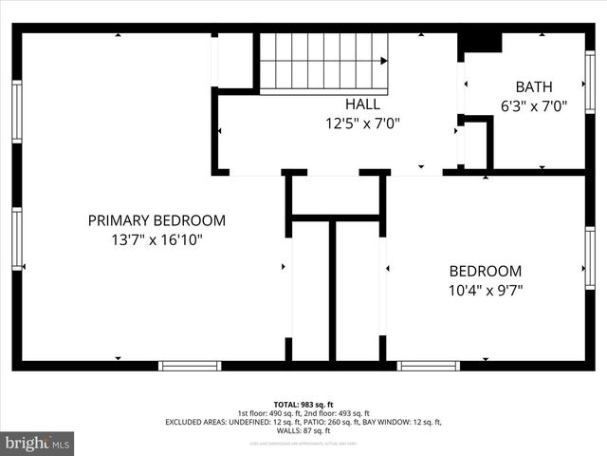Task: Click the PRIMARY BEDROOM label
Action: click(156, 220)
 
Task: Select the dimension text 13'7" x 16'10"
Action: click(156, 240)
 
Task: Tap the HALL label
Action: click(362, 104)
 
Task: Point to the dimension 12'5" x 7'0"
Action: click(362, 123)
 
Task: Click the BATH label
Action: click(532, 86)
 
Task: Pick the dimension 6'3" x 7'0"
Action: click(532, 106)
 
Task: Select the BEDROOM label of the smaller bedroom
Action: click(485, 271)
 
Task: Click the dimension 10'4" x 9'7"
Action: click(485, 290)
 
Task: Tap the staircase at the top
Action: click(322, 63)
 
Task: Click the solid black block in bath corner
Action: click(480, 43)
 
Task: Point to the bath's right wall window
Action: click(590, 83)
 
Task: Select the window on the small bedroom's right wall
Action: click(590, 256)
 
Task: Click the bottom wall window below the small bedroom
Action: click(429, 366)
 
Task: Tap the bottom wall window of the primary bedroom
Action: click(190, 366)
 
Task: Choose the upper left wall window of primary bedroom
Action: click(16, 112)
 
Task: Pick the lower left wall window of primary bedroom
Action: click(16, 239)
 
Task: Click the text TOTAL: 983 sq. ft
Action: click(303, 405)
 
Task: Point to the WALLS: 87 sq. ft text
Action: click(303, 430)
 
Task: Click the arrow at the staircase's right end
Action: click(383, 61)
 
